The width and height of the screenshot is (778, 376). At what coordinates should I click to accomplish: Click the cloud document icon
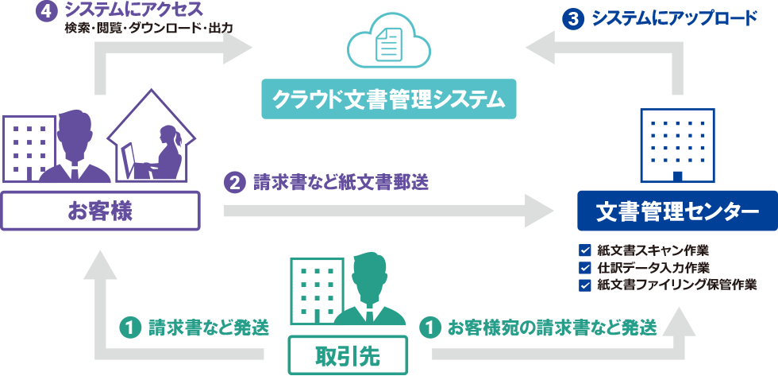point(388,45)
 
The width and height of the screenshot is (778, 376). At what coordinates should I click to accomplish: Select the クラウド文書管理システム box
point(388,99)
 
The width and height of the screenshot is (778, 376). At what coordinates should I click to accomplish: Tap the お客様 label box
point(100,211)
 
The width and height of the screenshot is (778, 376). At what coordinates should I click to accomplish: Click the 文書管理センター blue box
point(676,211)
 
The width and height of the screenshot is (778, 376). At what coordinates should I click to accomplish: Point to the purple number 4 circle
point(43,12)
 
